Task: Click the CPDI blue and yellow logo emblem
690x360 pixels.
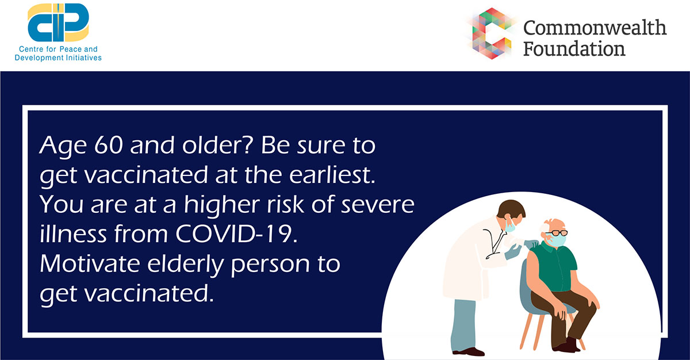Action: [x=58, y=22]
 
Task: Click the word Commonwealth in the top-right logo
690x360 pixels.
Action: [x=595, y=28]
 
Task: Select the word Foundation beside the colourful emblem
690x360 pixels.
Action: [x=574, y=49]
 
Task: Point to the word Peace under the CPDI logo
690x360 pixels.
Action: [x=71, y=49]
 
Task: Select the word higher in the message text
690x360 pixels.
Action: [x=222, y=205]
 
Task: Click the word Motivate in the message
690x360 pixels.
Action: [x=90, y=263]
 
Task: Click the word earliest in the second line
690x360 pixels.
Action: [x=332, y=175]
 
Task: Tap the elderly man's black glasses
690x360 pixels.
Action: [x=557, y=233]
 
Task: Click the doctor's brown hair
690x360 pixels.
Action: [x=511, y=209]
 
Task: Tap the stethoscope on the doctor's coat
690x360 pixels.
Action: [x=494, y=243]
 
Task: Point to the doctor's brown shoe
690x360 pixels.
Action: [x=468, y=351]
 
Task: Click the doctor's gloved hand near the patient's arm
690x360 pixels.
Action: [x=513, y=252]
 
